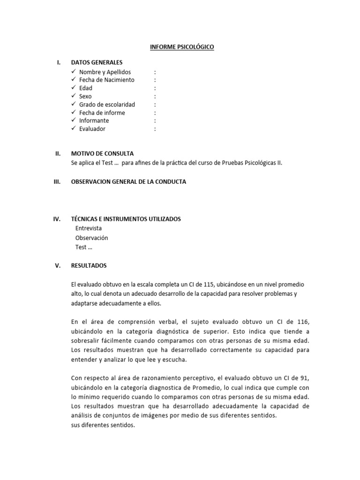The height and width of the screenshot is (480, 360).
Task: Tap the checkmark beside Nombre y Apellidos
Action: [74, 72]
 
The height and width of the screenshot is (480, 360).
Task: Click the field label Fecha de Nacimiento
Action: [107, 80]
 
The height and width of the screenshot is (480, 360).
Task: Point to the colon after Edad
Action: [155, 88]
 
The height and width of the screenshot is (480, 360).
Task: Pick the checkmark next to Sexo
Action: [74, 96]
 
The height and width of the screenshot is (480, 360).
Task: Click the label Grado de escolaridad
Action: [107, 105]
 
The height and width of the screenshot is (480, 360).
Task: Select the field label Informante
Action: [94, 121]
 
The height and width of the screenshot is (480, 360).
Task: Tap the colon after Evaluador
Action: [155, 129]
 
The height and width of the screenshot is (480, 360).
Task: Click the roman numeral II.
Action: [58, 153]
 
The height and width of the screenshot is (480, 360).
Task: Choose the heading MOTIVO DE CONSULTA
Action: [102, 153]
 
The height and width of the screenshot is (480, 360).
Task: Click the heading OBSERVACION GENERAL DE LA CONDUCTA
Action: [128, 182]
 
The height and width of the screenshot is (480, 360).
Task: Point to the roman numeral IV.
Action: [58, 219]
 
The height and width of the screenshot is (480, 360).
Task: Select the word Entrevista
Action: [89, 228]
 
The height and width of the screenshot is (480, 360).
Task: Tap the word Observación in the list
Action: [92, 238]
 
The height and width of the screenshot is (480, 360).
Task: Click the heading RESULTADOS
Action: [89, 266]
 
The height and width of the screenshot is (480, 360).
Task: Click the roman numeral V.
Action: [58, 266]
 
